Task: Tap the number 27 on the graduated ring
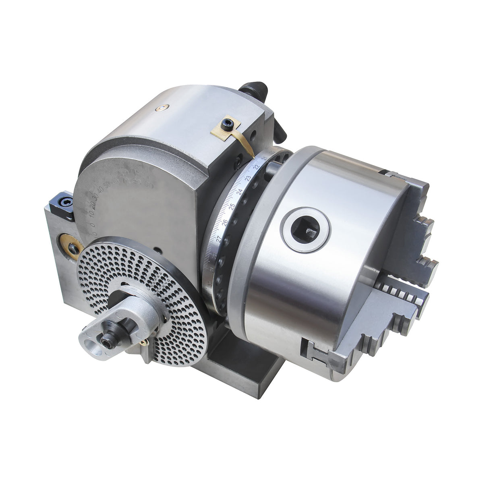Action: (219, 238)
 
